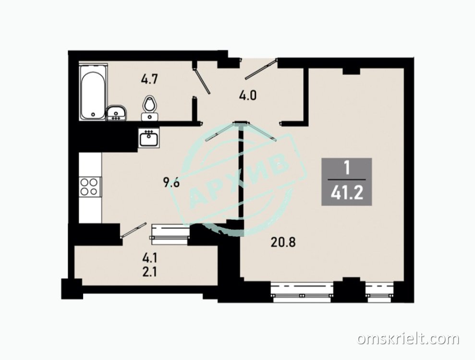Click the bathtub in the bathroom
tap(93, 92)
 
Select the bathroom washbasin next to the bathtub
tap(116, 113)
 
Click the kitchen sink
tap(149, 138)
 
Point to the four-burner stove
tap(90, 187)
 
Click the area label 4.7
tap(150, 80)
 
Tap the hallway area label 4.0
tap(247, 96)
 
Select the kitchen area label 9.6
tap(172, 182)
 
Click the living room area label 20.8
tap(283, 242)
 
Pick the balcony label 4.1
tap(149, 258)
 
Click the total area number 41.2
tap(347, 192)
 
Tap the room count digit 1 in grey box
tap(347, 168)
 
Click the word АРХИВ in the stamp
tap(239, 180)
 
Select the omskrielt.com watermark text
tap(408, 339)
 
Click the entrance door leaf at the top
tap(261, 69)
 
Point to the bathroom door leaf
tap(202, 81)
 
